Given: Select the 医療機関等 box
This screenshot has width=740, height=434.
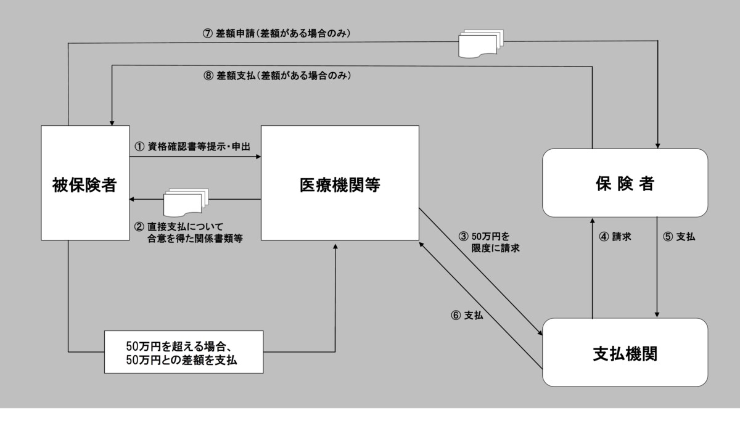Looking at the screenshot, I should [340, 182].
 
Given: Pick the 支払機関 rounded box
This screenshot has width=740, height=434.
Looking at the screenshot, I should [624, 353].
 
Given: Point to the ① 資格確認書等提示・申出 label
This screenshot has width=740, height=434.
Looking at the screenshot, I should [195, 147].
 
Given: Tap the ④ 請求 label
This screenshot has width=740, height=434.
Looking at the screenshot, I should [617, 236].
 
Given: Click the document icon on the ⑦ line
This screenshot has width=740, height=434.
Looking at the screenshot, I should [481, 44].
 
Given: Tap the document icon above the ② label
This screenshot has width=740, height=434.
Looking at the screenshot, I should [186, 200].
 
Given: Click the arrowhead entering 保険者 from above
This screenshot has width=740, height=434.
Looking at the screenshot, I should [658, 145].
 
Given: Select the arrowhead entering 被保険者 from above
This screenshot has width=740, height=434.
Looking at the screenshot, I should [112, 121].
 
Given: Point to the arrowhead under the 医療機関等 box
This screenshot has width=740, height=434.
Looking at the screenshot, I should [335, 245].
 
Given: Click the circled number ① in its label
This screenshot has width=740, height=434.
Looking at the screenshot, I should [139, 147].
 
